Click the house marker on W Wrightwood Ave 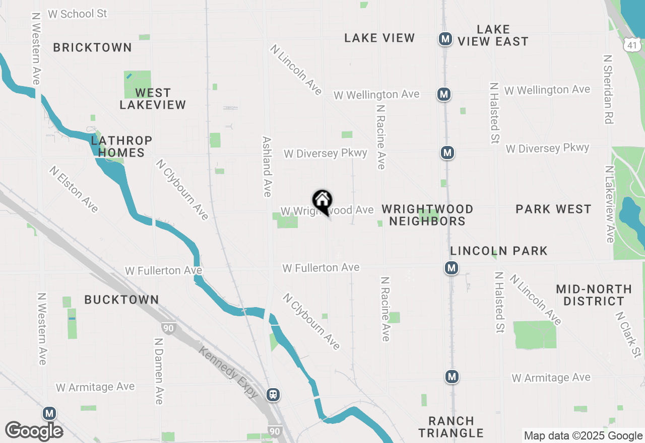pyautogui.click(x=322, y=201)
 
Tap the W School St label pyautogui.click(x=78, y=14)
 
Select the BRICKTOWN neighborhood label pyautogui.click(x=92, y=47)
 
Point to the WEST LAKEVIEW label pyautogui.click(x=153, y=99)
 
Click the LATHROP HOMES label pyautogui.click(x=121, y=146)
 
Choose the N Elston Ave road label pyautogui.click(x=74, y=189)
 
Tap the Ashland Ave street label pyautogui.click(x=267, y=167)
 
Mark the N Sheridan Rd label pyautogui.click(x=608, y=89)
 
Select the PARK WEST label pyautogui.click(x=553, y=209)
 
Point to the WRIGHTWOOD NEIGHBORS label pyautogui.click(x=427, y=215)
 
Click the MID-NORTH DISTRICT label pyautogui.click(x=594, y=295)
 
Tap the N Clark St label pyautogui.click(x=628, y=334)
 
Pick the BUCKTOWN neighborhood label pyautogui.click(x=121, y=300)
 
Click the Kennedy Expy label pyautogui.click(x=228, y=372)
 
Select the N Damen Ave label pyautogui.click(x=159, y=371)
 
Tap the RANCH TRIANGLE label pyautogui.click(x=451, y=427)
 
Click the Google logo pyautogui.click(x=34, y=431)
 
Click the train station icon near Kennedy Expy pyautogui.click(x=274, y=394)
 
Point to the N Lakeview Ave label pyautogui.click(x=610, y=204)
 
